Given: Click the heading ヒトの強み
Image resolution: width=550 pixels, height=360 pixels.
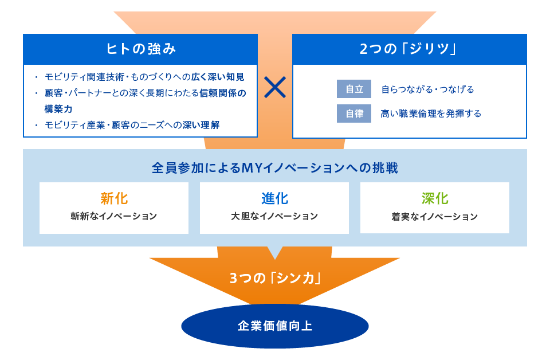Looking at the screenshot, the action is coord(141,49).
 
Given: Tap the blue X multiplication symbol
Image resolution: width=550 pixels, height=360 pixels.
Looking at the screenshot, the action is coord(275,87).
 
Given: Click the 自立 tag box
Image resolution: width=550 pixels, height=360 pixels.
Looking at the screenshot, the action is coord(354,89).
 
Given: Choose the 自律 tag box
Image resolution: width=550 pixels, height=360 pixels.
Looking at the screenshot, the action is coord(354,114).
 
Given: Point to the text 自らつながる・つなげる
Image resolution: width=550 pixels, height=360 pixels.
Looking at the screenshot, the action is coord(427,89).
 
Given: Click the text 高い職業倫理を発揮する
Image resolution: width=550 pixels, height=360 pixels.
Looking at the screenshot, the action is coord(431,114).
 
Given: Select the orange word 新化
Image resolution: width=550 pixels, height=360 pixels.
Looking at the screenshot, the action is coord(114,198).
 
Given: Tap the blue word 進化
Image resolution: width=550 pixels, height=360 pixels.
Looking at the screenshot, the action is coord(274,198).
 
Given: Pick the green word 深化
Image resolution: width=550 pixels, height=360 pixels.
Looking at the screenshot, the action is coord(435,198).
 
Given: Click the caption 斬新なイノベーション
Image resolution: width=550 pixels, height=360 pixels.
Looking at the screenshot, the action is coord(113,216).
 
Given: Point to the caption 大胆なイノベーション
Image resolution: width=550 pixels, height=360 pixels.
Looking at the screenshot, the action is coord(274,216).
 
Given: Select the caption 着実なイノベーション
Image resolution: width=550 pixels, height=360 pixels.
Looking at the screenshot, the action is coord(435,217).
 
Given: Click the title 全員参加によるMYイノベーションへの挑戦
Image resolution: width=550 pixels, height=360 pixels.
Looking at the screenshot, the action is coord(275,168).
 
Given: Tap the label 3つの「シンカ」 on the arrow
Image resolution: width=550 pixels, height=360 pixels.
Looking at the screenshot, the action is coord(275,278).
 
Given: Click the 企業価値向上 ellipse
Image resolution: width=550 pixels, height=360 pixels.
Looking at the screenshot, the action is coord(275,326).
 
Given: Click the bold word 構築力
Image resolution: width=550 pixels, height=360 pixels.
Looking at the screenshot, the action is coord(58,109).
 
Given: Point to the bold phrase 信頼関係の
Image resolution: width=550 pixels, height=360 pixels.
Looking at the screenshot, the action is coord(223,93).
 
